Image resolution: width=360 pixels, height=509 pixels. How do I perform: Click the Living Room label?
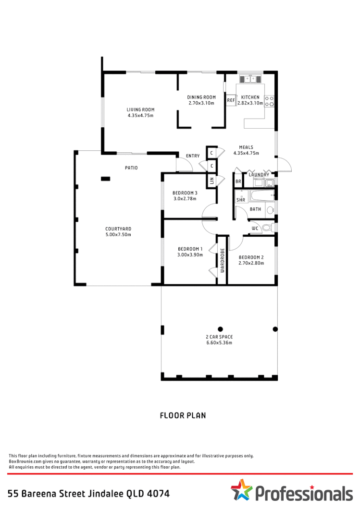(x=140, y=109)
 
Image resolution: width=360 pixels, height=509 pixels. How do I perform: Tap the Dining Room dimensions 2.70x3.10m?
(x=201, y=103)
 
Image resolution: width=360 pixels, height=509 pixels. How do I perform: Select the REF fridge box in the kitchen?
(x=231, y=100)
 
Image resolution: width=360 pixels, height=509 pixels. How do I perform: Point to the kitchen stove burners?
(x=270, y=100)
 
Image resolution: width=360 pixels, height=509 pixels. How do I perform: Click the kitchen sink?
(x=250, y=78)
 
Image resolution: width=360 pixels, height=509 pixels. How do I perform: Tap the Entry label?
(x=193, y=156)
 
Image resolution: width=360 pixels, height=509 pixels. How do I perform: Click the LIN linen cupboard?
(x=211, y=181)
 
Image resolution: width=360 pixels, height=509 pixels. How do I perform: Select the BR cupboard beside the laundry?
(x=238, y=182)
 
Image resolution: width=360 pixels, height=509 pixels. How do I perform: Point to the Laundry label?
(x=259, y=175)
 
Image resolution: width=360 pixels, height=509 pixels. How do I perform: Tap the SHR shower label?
(x=241, y=200)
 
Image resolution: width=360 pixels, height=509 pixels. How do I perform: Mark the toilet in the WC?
(x=272, y=228)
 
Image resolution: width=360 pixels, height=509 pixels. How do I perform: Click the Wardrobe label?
(x=223, y=261)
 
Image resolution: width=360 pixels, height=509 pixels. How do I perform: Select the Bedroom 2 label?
(x=251, y=257)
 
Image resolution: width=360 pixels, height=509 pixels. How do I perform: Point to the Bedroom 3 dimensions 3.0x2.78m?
(x=185, y=198)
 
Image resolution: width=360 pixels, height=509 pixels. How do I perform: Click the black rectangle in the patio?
(x=105, y=179)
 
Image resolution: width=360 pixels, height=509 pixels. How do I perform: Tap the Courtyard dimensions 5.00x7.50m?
(x=118, y=235)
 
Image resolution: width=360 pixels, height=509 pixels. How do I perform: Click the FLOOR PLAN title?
(x=183, y=415)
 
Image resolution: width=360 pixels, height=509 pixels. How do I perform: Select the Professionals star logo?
(x=241, y=490)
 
